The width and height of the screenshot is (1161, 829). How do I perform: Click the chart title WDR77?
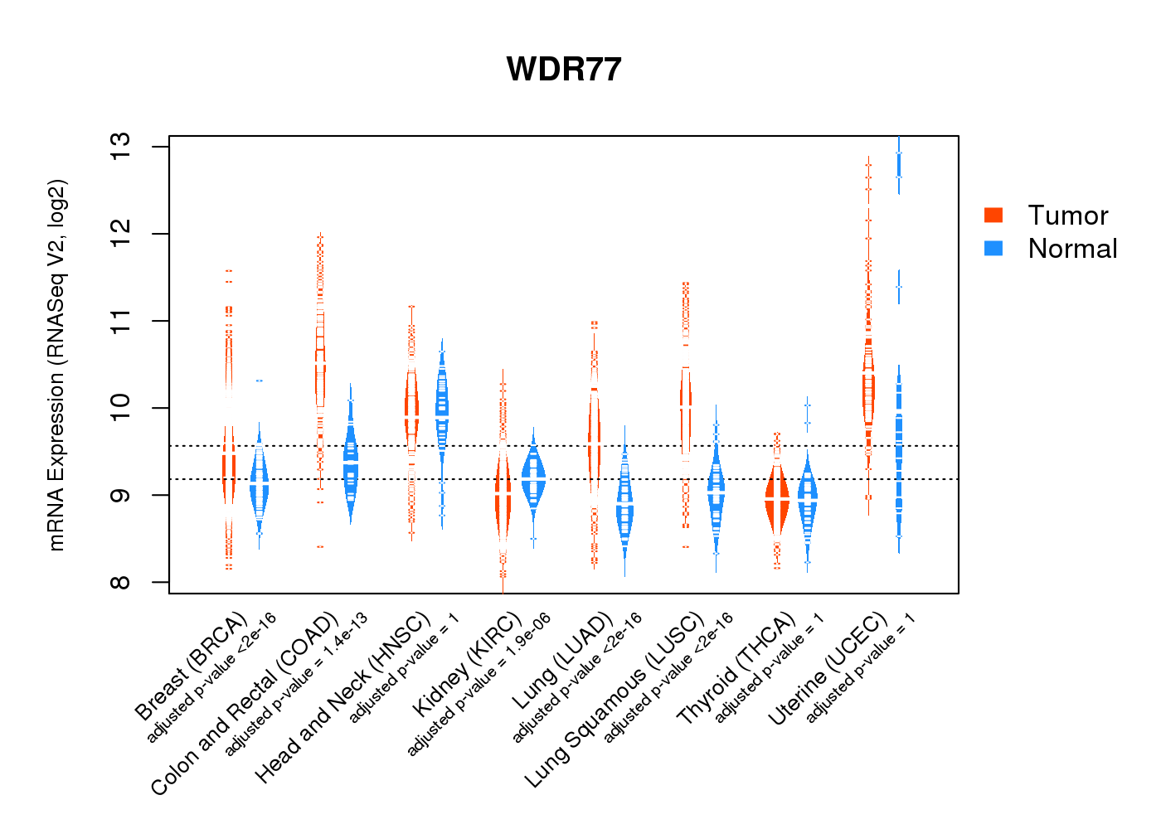coord(564,70)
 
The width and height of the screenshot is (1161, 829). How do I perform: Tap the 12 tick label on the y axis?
coord(122,234)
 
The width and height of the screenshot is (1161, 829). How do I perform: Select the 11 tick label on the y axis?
coord(122,321)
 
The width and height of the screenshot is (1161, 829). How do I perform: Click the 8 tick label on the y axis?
coord(122,582)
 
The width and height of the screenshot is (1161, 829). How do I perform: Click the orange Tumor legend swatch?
coord(993,216)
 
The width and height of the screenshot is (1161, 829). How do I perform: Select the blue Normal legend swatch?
coord(993,249)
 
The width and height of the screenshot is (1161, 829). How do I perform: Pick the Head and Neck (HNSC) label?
coord(343,697)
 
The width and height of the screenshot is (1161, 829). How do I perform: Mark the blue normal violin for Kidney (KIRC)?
coord(533,481)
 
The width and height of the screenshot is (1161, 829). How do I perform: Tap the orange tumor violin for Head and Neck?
coord(411,406)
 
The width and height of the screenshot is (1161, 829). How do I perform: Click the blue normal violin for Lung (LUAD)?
coord(624,506)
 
